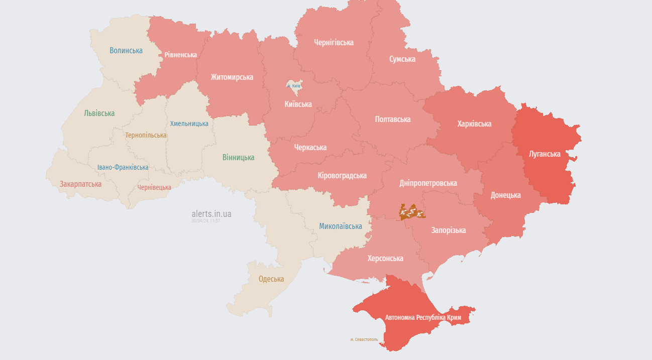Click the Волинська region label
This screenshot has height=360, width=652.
tap(126, 51)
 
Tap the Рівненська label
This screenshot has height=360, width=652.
tap(181, 55)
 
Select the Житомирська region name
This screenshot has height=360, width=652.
tap(232, 77)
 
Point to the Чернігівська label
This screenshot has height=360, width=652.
tap(334, 43)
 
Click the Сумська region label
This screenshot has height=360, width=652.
tap(402, 59)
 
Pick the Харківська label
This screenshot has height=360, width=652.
tap(474, 124)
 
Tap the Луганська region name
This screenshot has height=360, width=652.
tap(545, 154)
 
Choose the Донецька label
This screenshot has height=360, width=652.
tap(505, 195)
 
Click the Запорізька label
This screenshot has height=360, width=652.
tap(448, 230)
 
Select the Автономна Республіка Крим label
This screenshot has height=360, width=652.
tap(423, 318)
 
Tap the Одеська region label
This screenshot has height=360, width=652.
tap(271, 279)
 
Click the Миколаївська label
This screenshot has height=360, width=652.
tap(341, 226)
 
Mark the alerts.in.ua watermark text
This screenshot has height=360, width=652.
tap(211, 214)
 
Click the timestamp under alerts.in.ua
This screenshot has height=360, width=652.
tap(205, 221)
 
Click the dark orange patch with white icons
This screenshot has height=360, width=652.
tap(412, 212)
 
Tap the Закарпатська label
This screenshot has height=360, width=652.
tap(80, 184)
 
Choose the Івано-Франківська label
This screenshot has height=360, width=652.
tap(123, 167)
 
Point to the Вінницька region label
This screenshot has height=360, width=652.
tap(238, 158)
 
